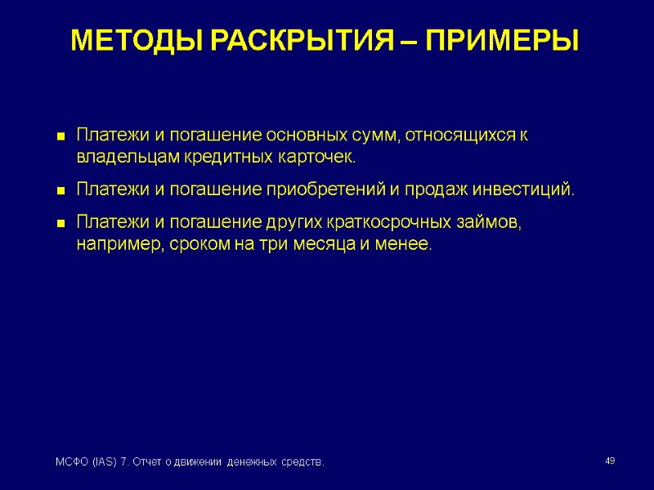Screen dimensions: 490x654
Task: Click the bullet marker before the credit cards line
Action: [x=60, y=136]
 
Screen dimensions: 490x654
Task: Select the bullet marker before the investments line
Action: [x=60, y=191]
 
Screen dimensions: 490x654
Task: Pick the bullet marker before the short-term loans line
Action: [x=60, y=223]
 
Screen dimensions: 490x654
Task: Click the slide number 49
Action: [x=609, y=462]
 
